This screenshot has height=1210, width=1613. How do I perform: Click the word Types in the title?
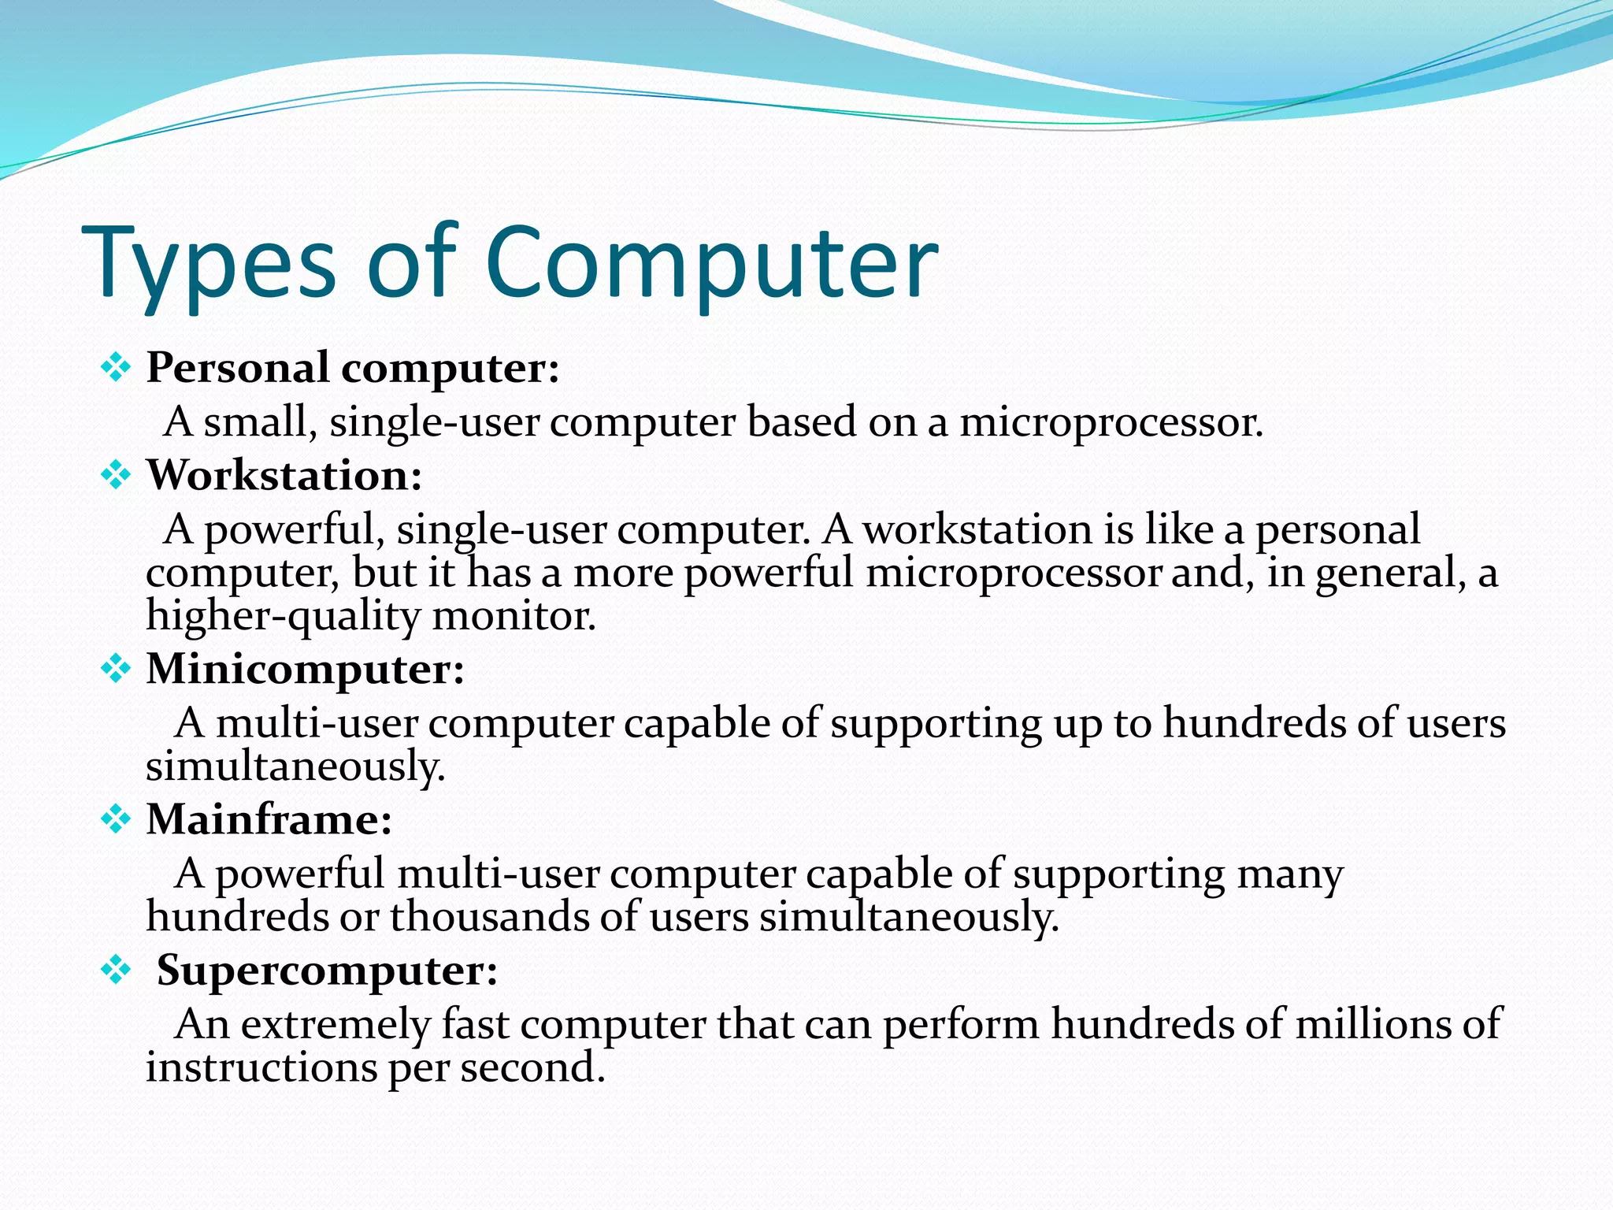pyautogui.click(x=209, y=264)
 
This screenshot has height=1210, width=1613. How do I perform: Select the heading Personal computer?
pyautogui.click(x=353, y=368)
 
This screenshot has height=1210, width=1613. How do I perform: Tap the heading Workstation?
pyautogui.click(x=284, y=476)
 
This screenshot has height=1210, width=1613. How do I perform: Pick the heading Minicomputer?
pyautogui.click(x=306, y=669)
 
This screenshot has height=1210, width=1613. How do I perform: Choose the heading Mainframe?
pyautogui.click(x=269, y=819)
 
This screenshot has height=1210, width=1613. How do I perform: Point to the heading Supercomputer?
pyautogui.click(x=327, y=970)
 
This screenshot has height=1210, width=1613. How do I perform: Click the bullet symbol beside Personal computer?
pyautogui.click(x=116, y=368)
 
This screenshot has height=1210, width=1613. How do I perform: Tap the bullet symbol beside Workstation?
pyautogui.click(x=116, y=476)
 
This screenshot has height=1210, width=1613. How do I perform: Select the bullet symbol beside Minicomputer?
pyautogui.click(x=116, y=669)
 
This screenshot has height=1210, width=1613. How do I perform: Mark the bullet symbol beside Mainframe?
pyautogui.click(x=116, y=819)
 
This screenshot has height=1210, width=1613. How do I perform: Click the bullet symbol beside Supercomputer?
pyautogui.click(x=116, y=970)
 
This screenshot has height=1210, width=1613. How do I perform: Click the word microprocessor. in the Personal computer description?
pyautogui.click(x=1111, y=423)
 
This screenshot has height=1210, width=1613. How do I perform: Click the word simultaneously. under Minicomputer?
pyautogui.click(x=295, y=766)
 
